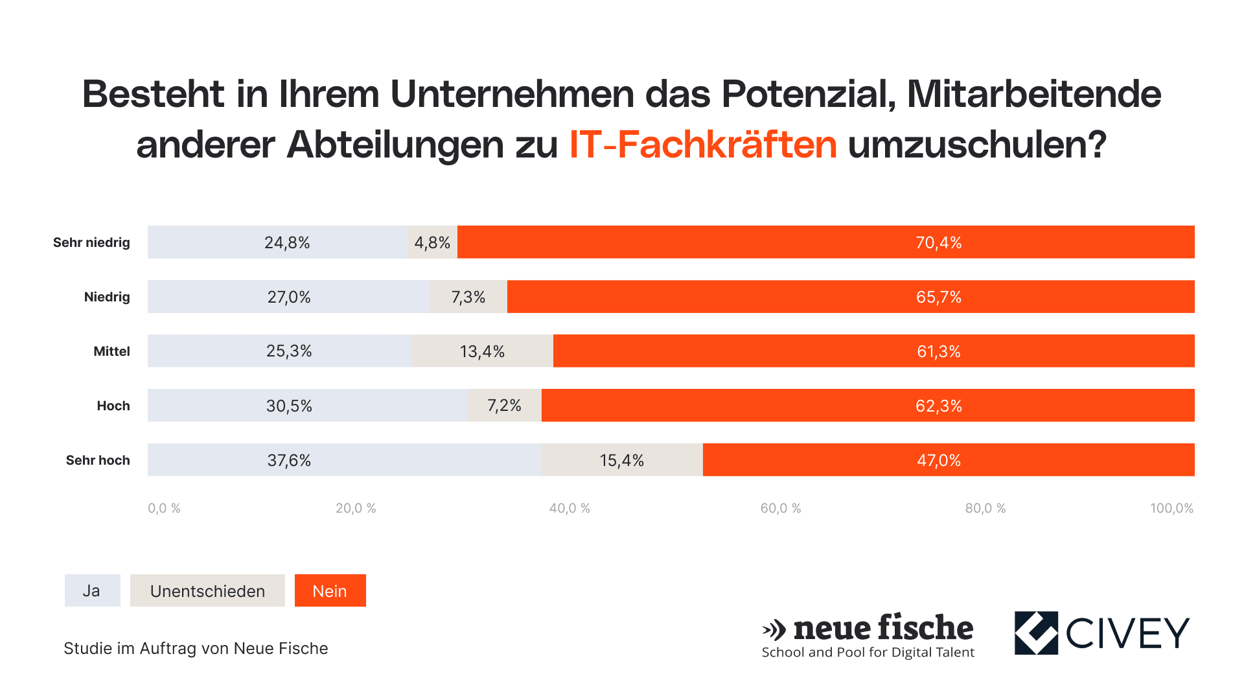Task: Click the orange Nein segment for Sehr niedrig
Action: [x=825, y=242]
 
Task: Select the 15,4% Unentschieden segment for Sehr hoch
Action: [x=622, y=460]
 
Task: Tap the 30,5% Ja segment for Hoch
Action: [x=308, y=406]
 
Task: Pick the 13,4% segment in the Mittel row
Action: [x=482, y=351]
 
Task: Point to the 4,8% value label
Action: [x=432, y=243]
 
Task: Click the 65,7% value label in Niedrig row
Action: [x=938, y=297]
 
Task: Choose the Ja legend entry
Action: [x=92, y=590]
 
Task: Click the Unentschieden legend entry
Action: [x=207, y=590]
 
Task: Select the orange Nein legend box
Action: [x=330, y=590]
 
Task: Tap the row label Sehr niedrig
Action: [x=91, y=242]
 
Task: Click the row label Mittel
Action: [x=111, y=351]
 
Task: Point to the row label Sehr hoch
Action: [x=98, y=460]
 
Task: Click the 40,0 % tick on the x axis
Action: [x=570, y=508]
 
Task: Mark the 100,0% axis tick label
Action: [x=1171, y=508]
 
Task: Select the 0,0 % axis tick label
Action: [x=164, y=508]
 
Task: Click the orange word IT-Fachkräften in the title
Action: [x=703, y=144]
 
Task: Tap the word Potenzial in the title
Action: [x=808, y=94]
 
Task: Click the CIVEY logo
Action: [x=1102, y=633]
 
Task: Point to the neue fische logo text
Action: [x=882, y=628]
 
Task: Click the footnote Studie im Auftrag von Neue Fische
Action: [x=196, y=648]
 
